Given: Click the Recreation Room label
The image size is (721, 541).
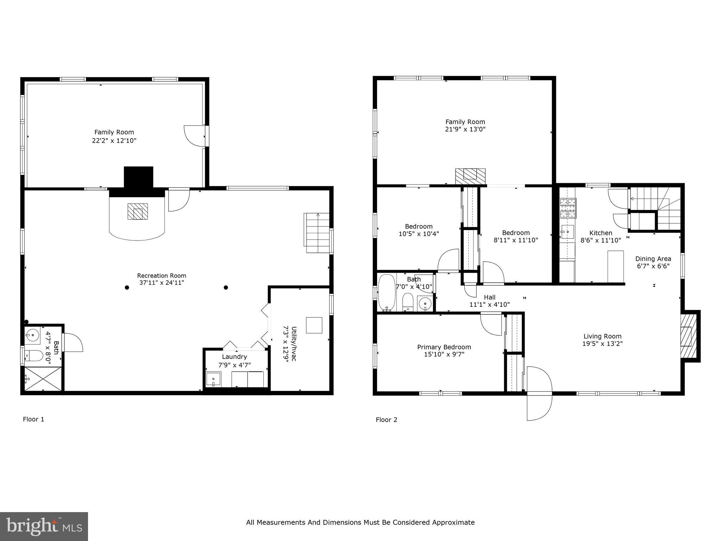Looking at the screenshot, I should (162, 275).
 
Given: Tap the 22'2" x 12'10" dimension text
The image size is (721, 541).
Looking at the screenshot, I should (112, 141).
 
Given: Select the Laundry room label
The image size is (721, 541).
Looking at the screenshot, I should (234, 357).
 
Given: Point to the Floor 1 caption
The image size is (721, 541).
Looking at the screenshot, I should (33, 419).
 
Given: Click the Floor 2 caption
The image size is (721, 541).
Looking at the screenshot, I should (386, 419).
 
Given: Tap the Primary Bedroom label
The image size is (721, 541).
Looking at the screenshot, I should (444, 347).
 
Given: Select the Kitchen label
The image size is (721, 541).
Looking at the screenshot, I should (601, 233).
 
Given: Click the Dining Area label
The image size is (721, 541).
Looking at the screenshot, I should (653, 259).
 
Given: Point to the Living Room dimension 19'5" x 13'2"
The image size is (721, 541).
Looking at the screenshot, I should (602, 344).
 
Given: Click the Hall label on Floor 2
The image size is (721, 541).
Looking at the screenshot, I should (489, 297).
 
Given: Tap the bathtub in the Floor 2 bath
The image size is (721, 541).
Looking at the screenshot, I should (387, 293).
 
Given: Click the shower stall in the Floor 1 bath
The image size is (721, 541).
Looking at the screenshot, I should (42, 379).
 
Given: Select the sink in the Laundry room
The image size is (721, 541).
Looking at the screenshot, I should (213, 380).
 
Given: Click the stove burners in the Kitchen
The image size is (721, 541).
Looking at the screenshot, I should (568, 208).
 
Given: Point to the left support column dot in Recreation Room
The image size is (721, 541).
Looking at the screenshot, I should (127, 287).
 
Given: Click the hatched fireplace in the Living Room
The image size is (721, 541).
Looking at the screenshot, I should (689, 336).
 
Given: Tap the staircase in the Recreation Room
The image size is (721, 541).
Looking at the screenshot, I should (318, 233).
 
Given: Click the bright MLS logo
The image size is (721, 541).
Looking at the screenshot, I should (44, 527).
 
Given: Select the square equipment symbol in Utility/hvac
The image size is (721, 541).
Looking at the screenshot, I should (314, 325).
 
